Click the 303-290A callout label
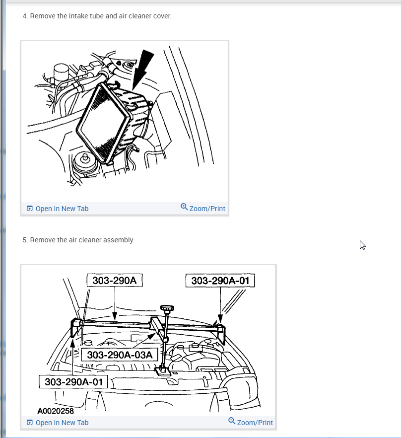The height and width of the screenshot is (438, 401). pyautogui.click(x=114, y=281)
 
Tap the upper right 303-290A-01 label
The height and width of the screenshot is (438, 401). pyautogui.click(x=220, y=281)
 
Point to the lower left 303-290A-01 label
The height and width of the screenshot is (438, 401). pyautogui.click(x=73, y=381)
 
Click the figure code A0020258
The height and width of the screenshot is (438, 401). pyautogui.click(x=55, y=411)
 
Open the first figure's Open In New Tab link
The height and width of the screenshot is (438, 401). pyautogui.click(x=62, y=209)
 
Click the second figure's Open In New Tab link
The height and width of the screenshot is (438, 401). pyautogui.click(x=62, y=423)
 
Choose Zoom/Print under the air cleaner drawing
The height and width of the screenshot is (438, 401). pyautogui.click(x=207, y=209)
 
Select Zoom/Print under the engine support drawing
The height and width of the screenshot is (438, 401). pyautogui.click(x=255, y=423)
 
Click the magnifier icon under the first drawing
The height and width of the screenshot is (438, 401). pyautogui.click(x=184, y=207)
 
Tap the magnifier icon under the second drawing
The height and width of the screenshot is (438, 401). pyautogui.click(x=232, y=421)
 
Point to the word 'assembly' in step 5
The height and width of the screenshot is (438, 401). pyautogui.click(x=119, y=240)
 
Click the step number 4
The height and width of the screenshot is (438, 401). pyautogui.click(x=24, y=16)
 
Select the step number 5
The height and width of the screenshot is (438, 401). pyautogui.click(x=24, y=240)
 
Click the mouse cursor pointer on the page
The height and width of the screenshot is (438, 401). pyautogui.click(x=362, y=245)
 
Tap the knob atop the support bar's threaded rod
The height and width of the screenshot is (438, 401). pyautogui.click(x=168, y=308)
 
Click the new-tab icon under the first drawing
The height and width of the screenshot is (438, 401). pyautogui.click(x=30, y=209)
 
